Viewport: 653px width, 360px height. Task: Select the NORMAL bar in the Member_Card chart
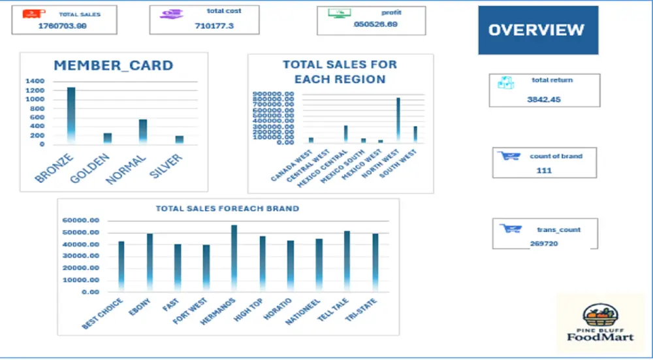[x=142, y=131]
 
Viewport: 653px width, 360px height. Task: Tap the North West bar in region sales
[x=398, y=120]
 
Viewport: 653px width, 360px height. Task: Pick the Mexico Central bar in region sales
[x=345, y=134]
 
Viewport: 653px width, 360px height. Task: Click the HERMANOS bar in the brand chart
[x=234, y=258]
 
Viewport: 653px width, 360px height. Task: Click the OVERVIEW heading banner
[x=537, y=30]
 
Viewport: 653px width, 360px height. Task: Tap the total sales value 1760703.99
[x=63, y=25]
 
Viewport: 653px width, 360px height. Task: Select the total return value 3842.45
[x=545, y=100]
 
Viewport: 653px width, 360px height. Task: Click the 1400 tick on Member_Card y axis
[x=35, y=81]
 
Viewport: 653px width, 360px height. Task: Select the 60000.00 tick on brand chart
[x=82, y=221]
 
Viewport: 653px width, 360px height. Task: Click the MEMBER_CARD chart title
[x=113, y=65]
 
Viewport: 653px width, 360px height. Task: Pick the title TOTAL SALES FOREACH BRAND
[x=227, y=208]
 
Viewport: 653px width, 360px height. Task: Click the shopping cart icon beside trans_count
[x=510, y=229]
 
